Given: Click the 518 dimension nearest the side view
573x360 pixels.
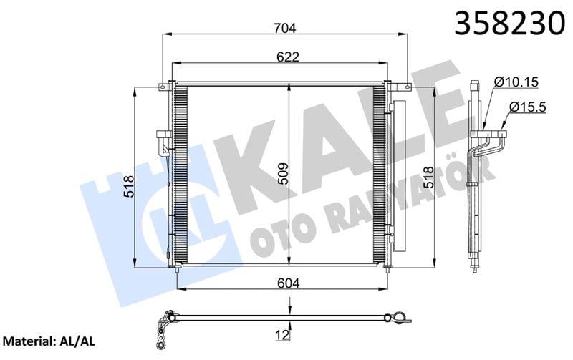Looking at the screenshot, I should click(x=428, y=177).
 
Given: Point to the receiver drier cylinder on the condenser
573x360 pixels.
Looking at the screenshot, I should click(x=397, y=179).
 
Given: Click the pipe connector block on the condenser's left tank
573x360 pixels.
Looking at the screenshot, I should click(x=162, y=140).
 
